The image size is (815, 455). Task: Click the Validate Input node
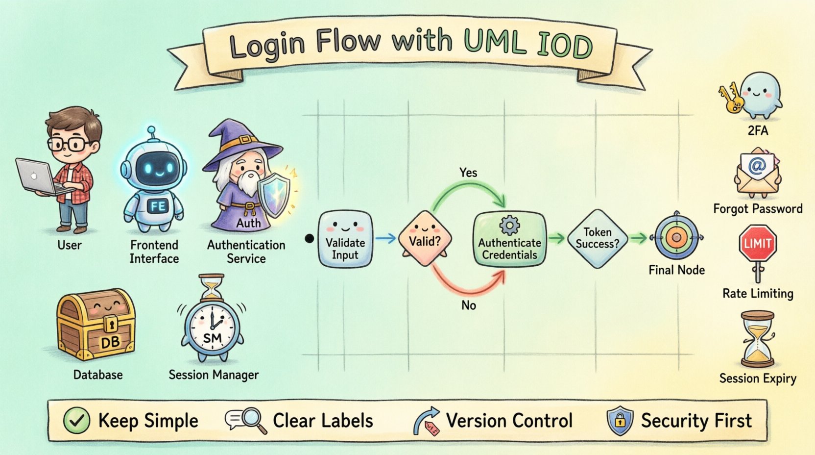345,239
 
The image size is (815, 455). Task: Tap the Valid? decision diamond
425,238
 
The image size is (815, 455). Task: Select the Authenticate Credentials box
509,239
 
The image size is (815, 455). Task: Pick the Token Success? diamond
597,239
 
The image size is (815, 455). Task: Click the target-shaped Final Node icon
676,238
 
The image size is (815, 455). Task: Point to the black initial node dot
309,239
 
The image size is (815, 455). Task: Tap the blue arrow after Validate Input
385,239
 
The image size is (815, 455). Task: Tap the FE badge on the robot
158,206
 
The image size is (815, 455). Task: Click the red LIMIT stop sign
757,243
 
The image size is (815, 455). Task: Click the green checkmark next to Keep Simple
77,421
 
